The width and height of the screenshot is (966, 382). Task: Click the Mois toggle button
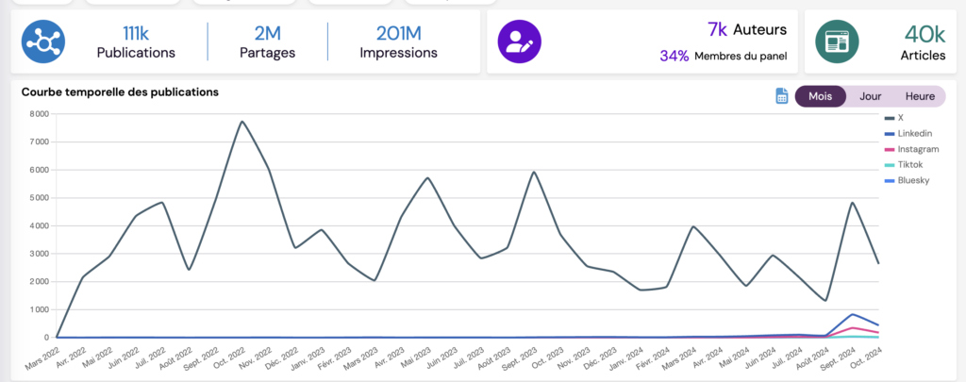[x=821, y=96]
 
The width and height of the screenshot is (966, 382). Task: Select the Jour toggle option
[x=870, y=96]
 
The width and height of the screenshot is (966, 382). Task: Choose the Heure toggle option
[x=920, y=96]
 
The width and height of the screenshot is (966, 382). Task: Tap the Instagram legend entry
[x=917, y=149]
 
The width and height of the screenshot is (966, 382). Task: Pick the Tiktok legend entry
[x=910, y=164]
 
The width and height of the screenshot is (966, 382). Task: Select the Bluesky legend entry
[x=913, y=179]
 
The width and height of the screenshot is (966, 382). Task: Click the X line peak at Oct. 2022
[x=241, y=121]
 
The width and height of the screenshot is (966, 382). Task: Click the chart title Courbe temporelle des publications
[x=120, y=92]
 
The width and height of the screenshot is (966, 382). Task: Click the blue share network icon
[x=43, y=42]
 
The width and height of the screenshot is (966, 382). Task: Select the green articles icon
[x=836, y=42]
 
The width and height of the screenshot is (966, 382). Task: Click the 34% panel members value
[x=674, y=56]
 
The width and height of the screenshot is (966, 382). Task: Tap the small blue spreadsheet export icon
[x=782, y=96]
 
